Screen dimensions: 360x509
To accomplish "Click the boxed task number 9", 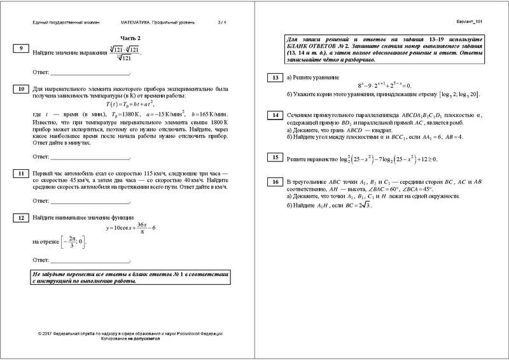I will click(22, 48).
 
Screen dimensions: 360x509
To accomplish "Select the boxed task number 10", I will click(22, 88).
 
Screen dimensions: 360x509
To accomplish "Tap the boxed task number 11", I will click(22, 173).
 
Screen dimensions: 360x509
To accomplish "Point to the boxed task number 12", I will click(22, 218).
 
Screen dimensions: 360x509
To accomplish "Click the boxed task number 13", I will click(275, 78).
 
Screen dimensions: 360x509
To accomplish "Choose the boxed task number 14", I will click(275, 115).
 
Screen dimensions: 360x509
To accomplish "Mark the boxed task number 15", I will click(275, 156).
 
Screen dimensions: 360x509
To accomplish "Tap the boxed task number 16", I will click(275, 182).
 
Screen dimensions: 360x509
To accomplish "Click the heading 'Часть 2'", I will click(131, 39).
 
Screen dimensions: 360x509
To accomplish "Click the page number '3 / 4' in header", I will click(221, 23).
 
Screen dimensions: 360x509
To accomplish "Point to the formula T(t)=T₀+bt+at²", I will click(132, 104).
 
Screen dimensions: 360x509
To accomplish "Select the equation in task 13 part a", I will click(380, 85).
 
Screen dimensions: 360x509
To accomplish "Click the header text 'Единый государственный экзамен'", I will click(66, 23).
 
